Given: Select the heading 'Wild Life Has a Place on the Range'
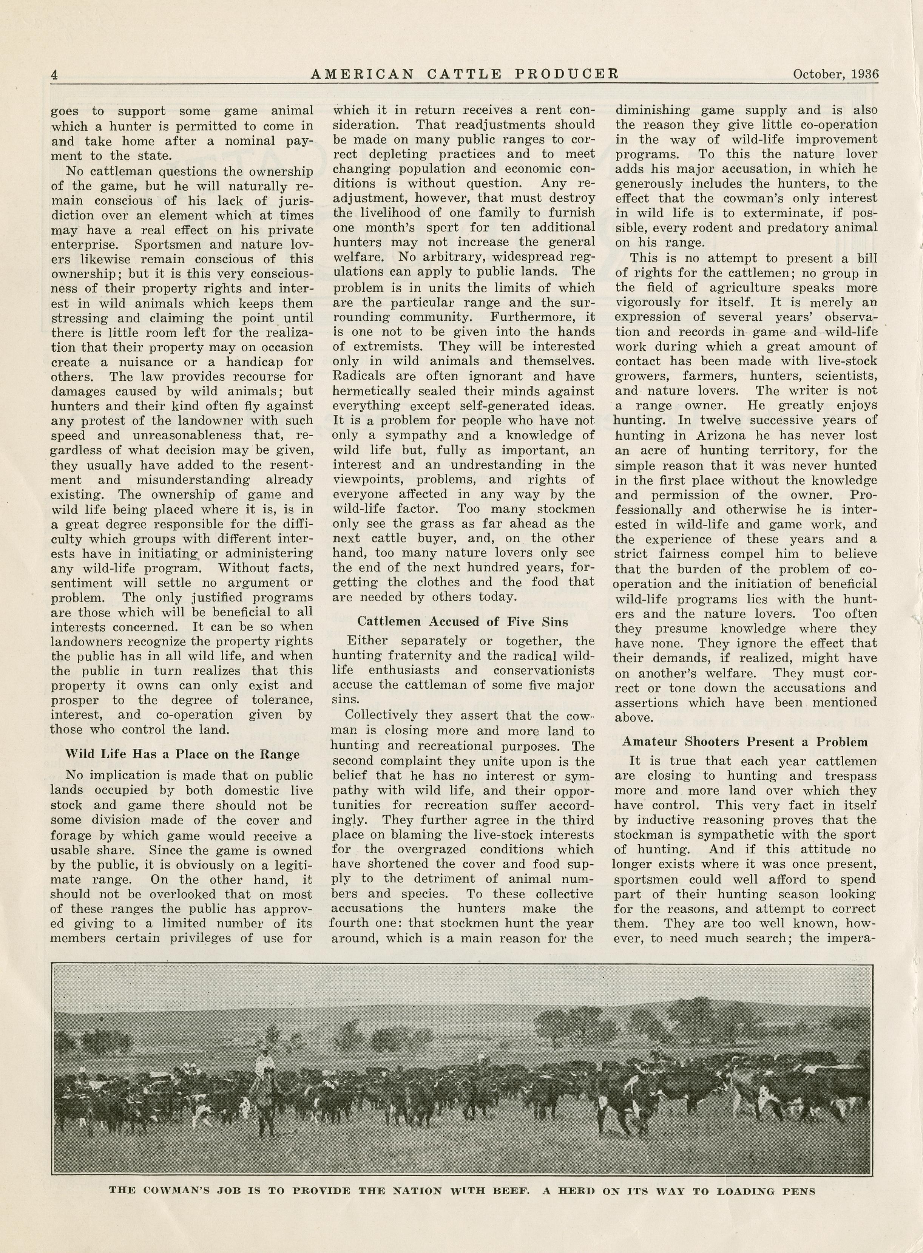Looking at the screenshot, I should coord(182,754).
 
